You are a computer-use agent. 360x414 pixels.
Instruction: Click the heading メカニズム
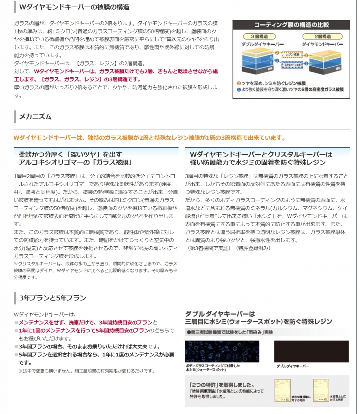click(x=35, y=117)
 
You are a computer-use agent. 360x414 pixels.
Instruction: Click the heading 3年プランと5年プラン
click(x=52, y=298)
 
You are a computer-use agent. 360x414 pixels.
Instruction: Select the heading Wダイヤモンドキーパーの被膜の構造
click(x=74, y=7)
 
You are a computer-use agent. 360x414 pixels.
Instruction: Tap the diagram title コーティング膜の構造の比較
click(x=291, y=25)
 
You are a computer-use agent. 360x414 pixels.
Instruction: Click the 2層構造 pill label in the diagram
click(x=322, y=36)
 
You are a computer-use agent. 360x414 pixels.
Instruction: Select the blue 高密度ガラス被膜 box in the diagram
click(x=292, y=65)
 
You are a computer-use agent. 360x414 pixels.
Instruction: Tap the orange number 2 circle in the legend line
click(x=239, y=83)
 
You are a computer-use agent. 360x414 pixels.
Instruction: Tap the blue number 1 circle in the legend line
click(x=239, y=89)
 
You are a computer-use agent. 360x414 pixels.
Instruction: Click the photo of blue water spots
click(x=222, y=351)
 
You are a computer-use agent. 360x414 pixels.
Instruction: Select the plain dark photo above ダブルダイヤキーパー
click(x=311, y=351)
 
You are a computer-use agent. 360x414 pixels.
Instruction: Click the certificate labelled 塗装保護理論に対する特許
click(x=282, y=390)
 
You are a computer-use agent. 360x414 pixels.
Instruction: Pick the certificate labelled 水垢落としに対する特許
click(x=320, y=390)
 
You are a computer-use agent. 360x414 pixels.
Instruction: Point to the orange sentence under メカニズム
click(x=149, y=138)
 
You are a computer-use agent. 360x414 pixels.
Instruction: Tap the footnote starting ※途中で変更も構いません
click(x=87, y=371)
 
